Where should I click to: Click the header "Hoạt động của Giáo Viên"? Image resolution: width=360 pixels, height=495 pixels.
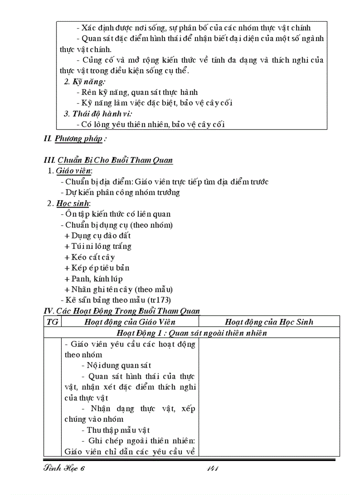pos(130,322)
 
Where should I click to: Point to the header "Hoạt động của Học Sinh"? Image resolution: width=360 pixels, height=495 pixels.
pos(269,322)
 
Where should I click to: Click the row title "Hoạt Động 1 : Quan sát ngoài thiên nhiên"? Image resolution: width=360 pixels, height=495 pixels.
pos(191,333)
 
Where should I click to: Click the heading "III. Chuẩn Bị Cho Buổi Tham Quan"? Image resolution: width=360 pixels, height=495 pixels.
pos(109,160)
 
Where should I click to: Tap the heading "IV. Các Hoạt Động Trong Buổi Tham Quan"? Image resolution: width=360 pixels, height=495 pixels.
pos(122,311)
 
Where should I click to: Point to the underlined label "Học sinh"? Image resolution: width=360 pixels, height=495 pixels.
pos(73,203)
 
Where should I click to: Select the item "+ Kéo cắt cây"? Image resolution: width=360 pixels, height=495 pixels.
pos(89,257)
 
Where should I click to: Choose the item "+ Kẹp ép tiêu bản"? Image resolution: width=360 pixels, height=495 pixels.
pos(97,268)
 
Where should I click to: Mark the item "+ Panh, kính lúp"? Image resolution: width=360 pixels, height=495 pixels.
pos(93,279)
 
